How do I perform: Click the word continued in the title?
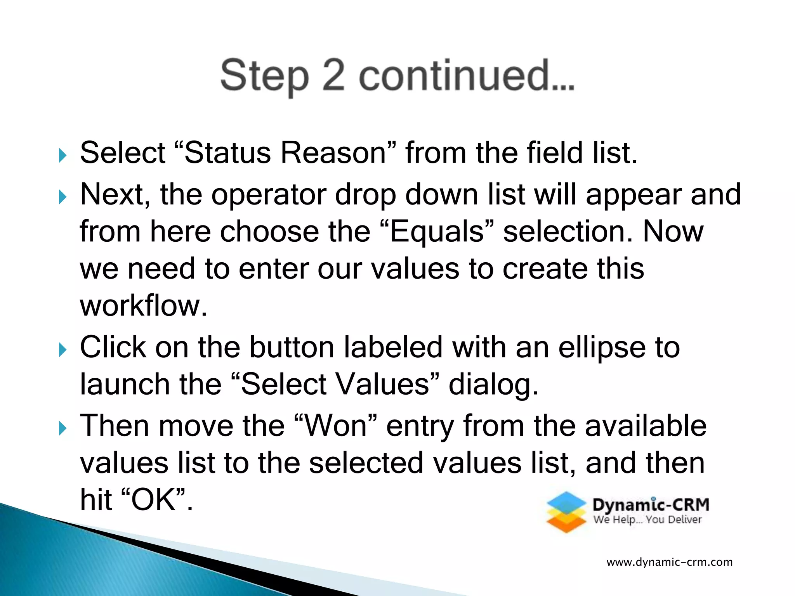pos(466,76)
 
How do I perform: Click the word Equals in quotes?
pos(437,232)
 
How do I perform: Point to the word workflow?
pos(143,306)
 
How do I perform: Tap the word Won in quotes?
pos(336,426)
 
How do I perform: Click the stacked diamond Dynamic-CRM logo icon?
pos(566,512)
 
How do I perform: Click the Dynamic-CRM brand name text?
pos(651,505)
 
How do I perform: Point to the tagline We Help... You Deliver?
pos(647,520)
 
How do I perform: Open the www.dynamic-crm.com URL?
pos(669,562)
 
